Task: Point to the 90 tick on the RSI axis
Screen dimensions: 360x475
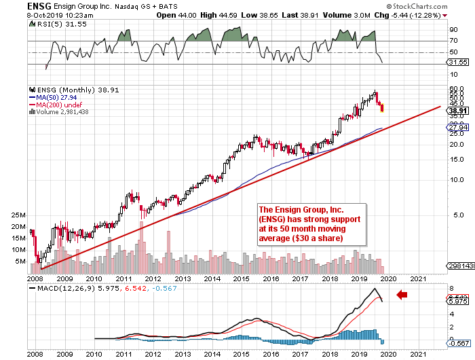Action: coord(453,29)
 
